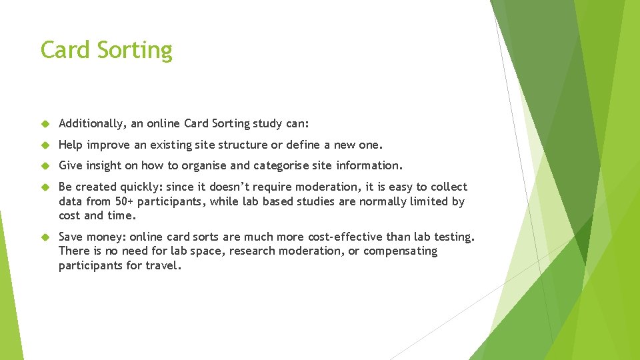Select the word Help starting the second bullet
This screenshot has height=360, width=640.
coord(71,145)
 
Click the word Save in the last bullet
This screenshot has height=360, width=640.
coord(72,237)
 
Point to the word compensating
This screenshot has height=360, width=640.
coord(400,251)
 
